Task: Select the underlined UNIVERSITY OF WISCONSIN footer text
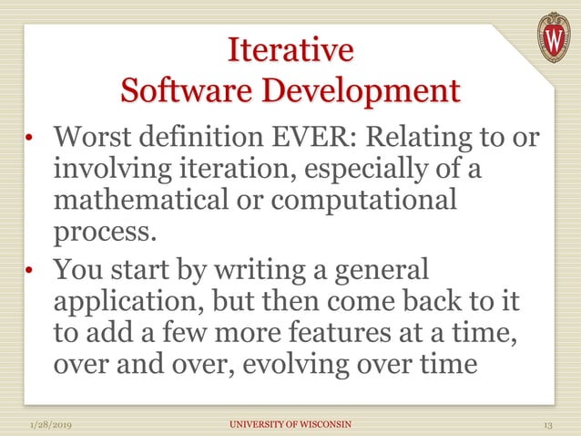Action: pyautogui.click(x=290, y=424)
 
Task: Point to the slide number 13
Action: pyautogui.click(x=547, y=424)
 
